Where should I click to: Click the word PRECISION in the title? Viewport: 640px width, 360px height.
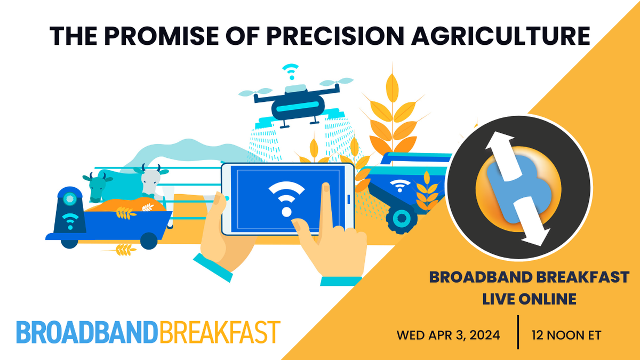[335, 36]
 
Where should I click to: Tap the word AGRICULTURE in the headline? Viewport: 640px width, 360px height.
[501, 36]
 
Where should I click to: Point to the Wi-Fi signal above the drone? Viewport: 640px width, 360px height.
[291, 71]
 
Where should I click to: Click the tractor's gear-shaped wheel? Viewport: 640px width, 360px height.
[402, 219]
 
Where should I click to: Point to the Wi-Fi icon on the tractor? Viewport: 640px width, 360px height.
[399, 185]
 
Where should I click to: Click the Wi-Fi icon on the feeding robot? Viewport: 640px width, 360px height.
[70, 221]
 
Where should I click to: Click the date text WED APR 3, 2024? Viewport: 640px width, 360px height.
[449, 335]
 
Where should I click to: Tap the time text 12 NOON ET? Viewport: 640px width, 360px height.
[566, 335]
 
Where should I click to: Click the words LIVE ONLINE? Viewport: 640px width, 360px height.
[529, 299]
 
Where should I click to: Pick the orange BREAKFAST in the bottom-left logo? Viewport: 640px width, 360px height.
[220, 332]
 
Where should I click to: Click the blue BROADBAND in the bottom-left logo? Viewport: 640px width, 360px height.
[87, 332]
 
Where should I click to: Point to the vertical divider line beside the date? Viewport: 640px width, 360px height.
[518, 332]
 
